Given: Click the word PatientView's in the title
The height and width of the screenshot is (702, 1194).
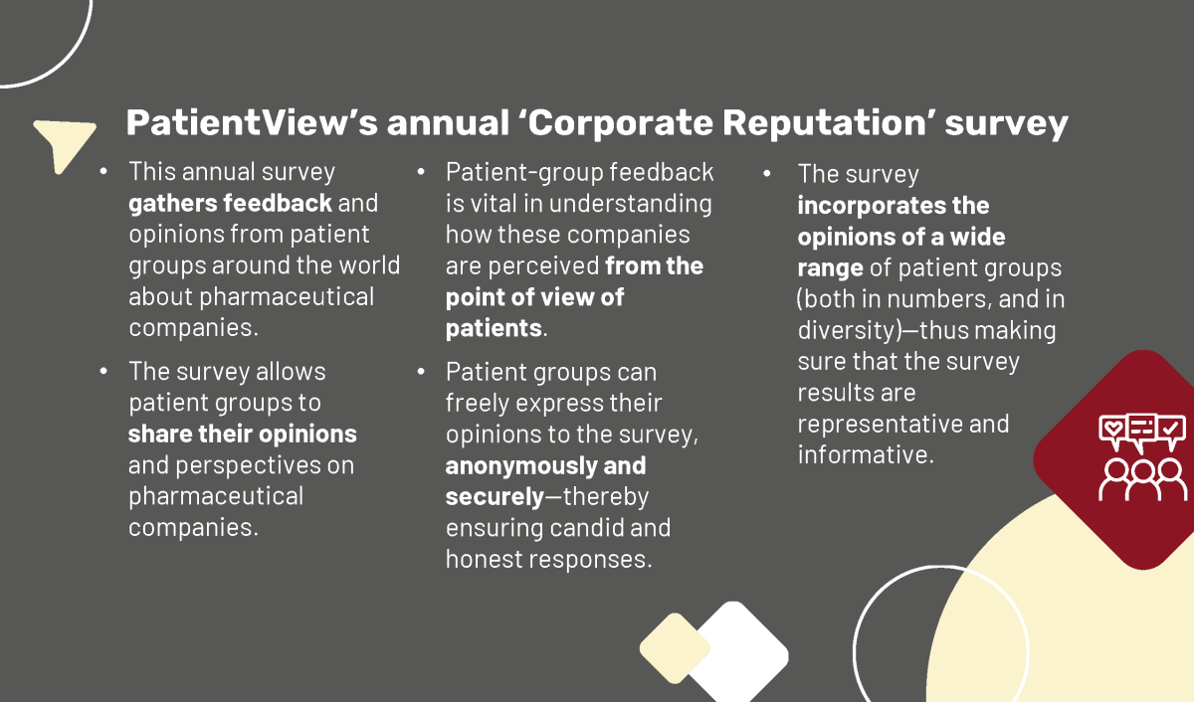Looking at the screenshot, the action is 252,123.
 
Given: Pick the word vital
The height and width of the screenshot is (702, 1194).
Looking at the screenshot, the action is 493,204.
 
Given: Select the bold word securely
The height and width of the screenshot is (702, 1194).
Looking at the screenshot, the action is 495,497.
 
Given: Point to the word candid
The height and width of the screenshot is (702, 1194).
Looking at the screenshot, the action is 586,528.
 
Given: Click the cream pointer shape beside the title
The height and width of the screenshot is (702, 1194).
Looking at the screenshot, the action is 63,142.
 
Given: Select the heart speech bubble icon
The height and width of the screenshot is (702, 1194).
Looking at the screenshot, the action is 1112,431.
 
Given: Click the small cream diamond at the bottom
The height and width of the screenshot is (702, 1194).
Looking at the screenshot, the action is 675,648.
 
